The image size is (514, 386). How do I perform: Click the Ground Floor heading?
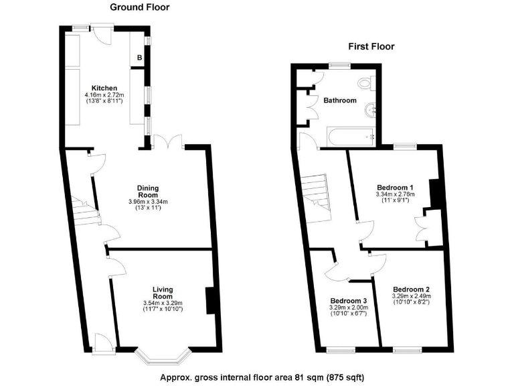(139, 7)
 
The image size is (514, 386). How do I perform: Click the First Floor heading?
(371, 46)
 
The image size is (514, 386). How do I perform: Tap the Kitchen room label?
(105, 88)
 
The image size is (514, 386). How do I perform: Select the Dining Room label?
(148, 191)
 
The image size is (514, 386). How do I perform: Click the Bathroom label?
(340, 101)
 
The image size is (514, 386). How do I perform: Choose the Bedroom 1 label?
(395, 187)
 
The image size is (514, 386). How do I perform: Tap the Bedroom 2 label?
(412, 289)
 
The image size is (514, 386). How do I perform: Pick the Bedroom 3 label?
(348, 300)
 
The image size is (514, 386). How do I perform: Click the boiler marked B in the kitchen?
(139, 58)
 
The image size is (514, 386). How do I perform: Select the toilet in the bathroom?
(365, 83)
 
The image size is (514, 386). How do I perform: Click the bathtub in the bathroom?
(351, 137)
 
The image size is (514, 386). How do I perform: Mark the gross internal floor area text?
(262, 377)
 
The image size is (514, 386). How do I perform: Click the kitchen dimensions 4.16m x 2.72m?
(105, 95)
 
